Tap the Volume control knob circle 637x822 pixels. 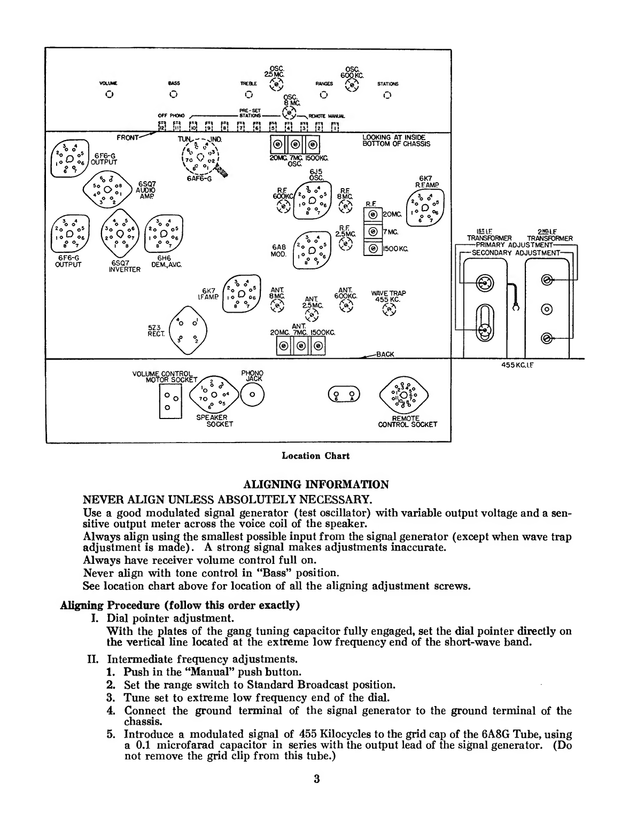point(109,95)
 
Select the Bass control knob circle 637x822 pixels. point(173,95)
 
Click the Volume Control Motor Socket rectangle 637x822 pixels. point(171,401)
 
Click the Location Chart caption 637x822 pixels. point(315,456)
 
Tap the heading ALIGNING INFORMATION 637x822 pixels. point(316,485)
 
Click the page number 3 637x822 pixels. point(316,779)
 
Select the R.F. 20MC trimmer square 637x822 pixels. point(371,215)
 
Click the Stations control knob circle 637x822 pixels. point(387,95)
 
